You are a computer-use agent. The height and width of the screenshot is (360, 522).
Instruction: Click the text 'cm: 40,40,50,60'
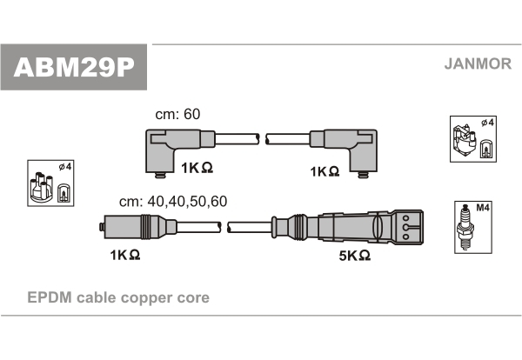[x=174, y=201]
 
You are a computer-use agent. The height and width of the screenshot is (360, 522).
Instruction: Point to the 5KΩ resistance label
[x=354, y=256]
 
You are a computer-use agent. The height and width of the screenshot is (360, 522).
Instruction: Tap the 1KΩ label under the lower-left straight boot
[x=125, y=256]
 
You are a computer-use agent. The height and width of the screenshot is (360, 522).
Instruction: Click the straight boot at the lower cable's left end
[x=130, y=228]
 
